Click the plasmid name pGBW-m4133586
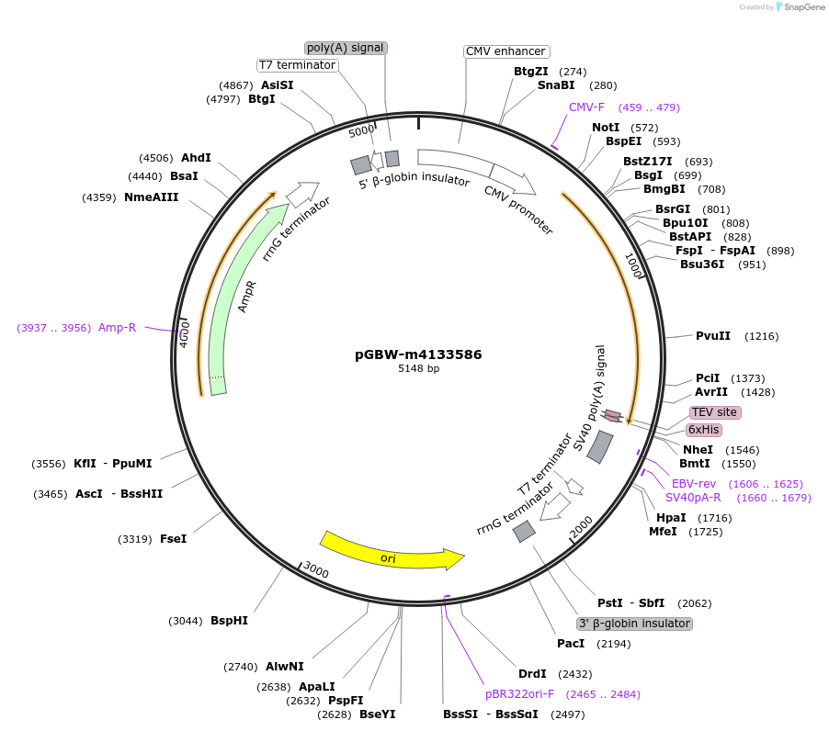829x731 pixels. (x=418, y=354)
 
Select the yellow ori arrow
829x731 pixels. (x=391, y=553)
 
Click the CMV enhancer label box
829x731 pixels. (x=505, y=51)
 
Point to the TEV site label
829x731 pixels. (x=714, y=412)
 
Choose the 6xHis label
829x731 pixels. (x=703, y=430)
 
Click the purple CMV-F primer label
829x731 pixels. (x=586, y=107)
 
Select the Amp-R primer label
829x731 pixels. (x=117, y=328)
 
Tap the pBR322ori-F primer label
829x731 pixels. (x=519, y=693)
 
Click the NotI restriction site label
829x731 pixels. (x=606, y=128)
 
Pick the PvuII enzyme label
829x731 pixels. (x=712, y=336)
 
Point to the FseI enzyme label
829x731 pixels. (x=173, y=539)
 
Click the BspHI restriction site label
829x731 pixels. (x=229, y=621)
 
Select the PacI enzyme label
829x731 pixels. (x=571, y=644)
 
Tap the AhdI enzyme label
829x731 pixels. (x=196, y=158)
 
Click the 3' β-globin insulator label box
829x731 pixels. (x=634, y=624)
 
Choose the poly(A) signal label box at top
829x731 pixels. (x=346, y=48)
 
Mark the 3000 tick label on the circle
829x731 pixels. (x=316, y=571)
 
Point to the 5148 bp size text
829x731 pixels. (x=418, y=368)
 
